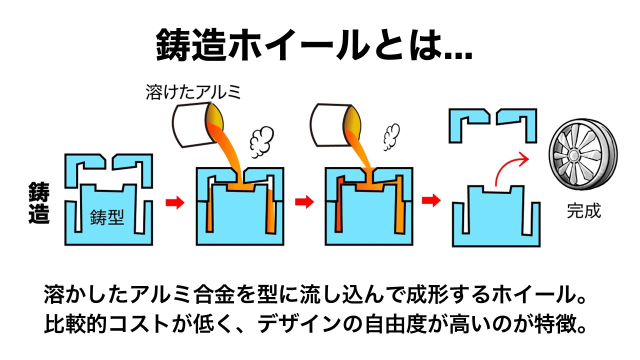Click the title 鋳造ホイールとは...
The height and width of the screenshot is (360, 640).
[x=314, y=44]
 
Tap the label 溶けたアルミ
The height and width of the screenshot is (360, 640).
[x=193, y=92]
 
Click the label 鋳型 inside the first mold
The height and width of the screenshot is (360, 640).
[x=107, y=217]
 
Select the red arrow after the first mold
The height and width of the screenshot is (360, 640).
[x=174, y=202]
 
